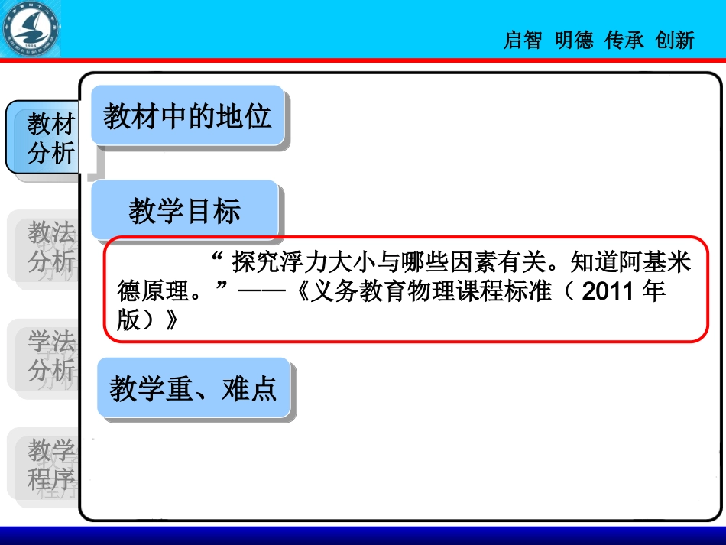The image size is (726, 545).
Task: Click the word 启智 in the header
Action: click(x=523, y=41)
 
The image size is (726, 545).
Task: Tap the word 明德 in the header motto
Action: click(x=574, y=41)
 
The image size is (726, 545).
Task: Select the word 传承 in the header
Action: click(x=624, y=41)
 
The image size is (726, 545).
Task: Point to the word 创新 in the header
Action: click(x=675, y=41)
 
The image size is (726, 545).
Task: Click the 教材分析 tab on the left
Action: click(x=51, y=138)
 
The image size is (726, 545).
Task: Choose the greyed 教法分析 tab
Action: click(x=51, y=246)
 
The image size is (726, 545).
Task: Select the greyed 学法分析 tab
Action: click(x=51, y=355)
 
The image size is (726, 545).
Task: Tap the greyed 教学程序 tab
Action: click(x=51, y=465)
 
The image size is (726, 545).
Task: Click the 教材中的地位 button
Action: click(x=188, y=117)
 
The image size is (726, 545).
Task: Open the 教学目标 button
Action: click(x=184, y=211)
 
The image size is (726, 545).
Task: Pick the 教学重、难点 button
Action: click(x=193, y=389)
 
